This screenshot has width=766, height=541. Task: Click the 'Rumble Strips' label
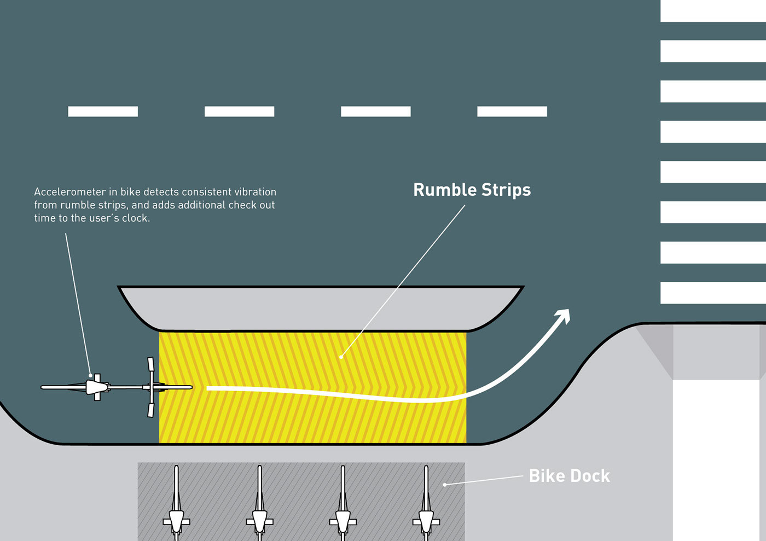point(472,190)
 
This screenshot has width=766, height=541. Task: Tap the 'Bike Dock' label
point(569,476)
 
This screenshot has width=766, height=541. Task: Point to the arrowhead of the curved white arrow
point(563,317)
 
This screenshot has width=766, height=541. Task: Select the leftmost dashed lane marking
point(103,112)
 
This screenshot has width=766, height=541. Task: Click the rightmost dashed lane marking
point(512,112)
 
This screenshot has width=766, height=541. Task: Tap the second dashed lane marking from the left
point(239,112)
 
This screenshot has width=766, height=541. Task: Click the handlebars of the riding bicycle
point(151,387)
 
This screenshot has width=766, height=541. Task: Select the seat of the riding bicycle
point(97,387)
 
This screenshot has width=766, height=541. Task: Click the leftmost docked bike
point(176,509)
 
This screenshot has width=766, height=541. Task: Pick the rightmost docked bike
point(426,509)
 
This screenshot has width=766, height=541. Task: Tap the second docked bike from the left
point(259,509)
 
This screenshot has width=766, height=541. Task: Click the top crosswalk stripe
point(712,11)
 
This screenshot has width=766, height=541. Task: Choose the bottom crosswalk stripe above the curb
point(712,293)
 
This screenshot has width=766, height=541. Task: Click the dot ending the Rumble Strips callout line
point(341,357)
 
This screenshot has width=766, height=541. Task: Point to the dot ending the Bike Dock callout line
point(444,485)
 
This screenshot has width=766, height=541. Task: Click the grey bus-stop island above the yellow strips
point(321,308)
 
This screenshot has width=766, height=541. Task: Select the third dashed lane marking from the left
point(375,112)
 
